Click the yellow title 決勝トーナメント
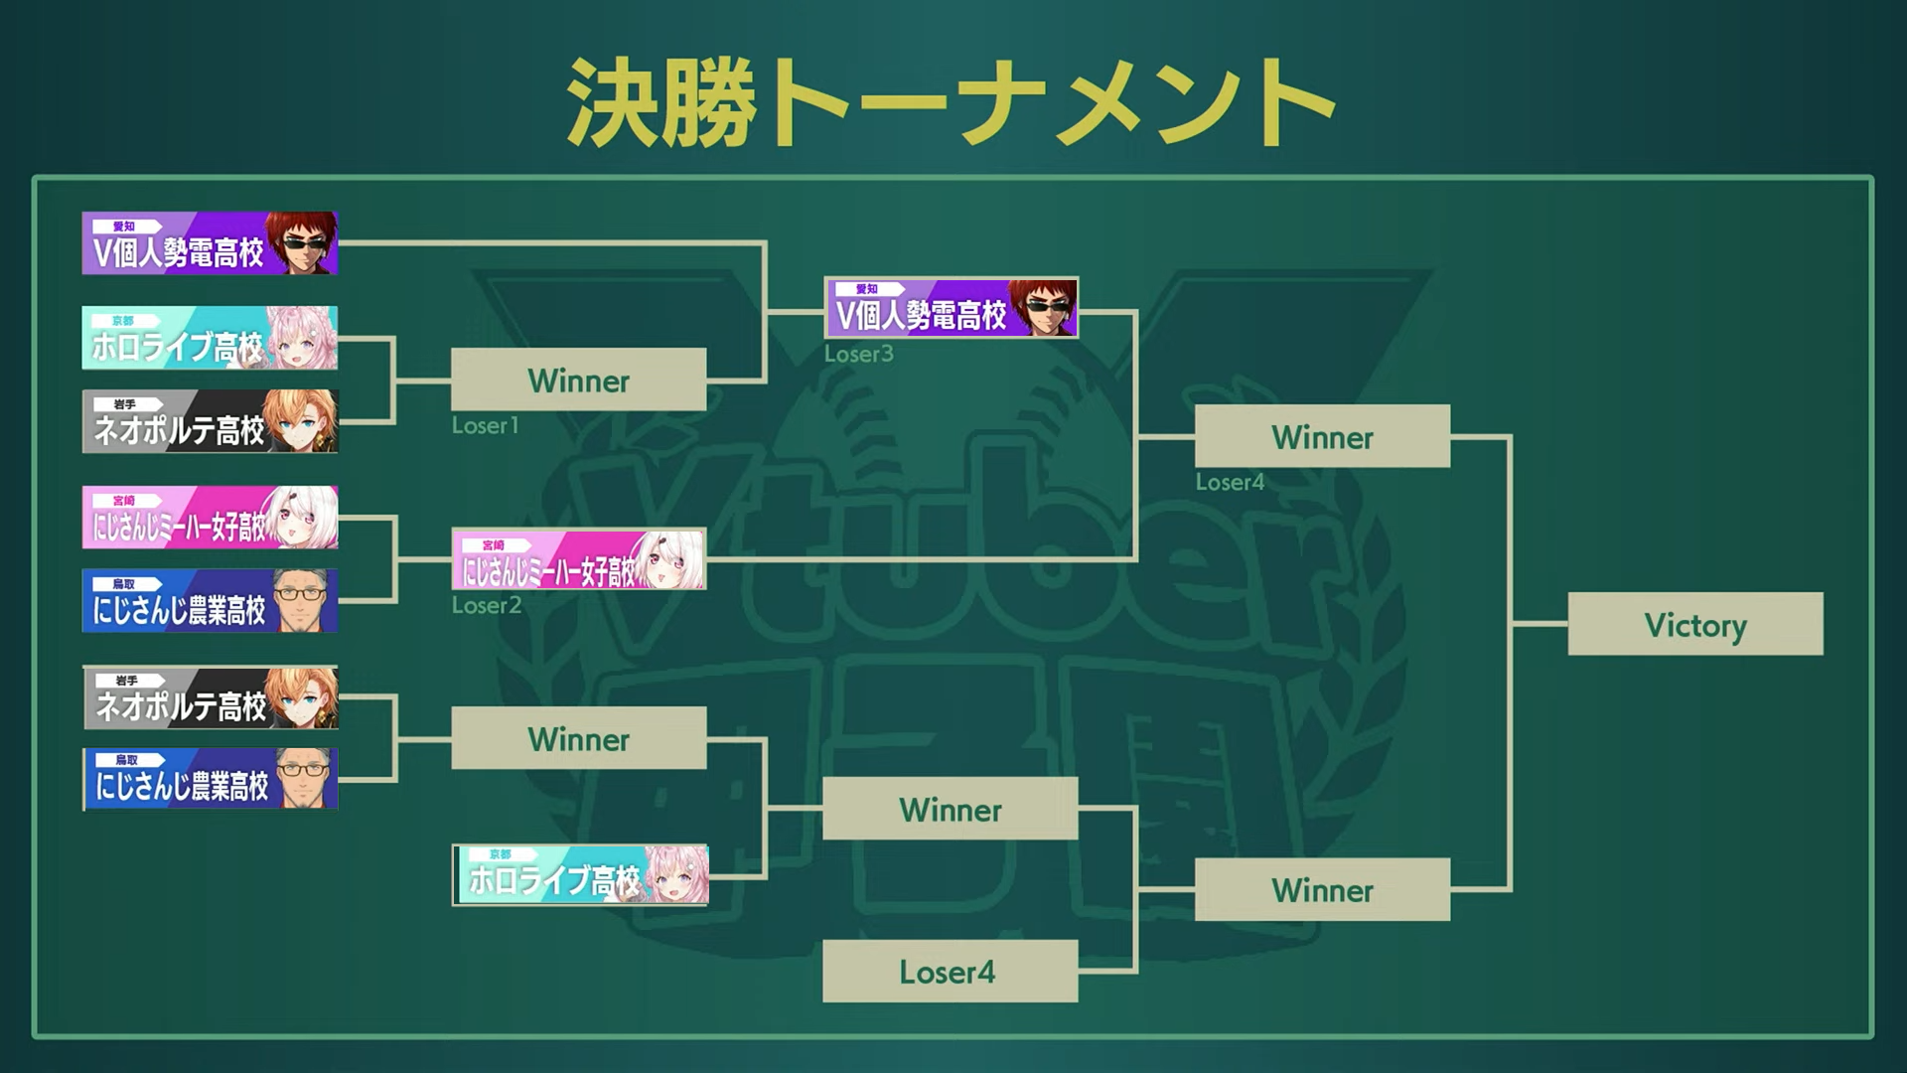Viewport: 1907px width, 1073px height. tap(951, 102)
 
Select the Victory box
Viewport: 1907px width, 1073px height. tap(1694, 624)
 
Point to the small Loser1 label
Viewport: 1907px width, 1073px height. tap(485, 425)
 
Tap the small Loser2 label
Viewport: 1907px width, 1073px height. tap(486, 605)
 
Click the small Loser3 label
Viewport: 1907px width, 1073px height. tap(858, 354)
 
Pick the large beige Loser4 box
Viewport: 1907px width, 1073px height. tap(950, 971)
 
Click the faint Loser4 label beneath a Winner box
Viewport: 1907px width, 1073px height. tap(1230, 482)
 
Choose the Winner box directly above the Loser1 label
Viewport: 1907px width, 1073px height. tap(578, 380)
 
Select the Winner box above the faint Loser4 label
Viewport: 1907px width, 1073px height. tap(1321, 436)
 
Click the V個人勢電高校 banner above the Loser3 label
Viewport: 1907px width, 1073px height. tap(951, 308)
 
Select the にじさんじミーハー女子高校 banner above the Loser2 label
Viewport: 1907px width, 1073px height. tap(578, 559)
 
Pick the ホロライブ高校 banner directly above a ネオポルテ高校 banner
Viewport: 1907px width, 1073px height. tap(210, 339)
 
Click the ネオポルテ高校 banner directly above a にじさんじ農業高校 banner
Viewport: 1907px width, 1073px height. tap(210, 698)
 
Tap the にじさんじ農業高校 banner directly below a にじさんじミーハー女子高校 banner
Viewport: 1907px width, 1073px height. tap(210, 601)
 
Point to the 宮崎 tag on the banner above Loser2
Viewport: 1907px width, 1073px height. tap(494, 545)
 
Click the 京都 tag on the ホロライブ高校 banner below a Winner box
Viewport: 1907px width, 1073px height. tap(501, 854)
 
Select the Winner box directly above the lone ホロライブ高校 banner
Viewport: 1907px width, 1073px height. tap(578, 738)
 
